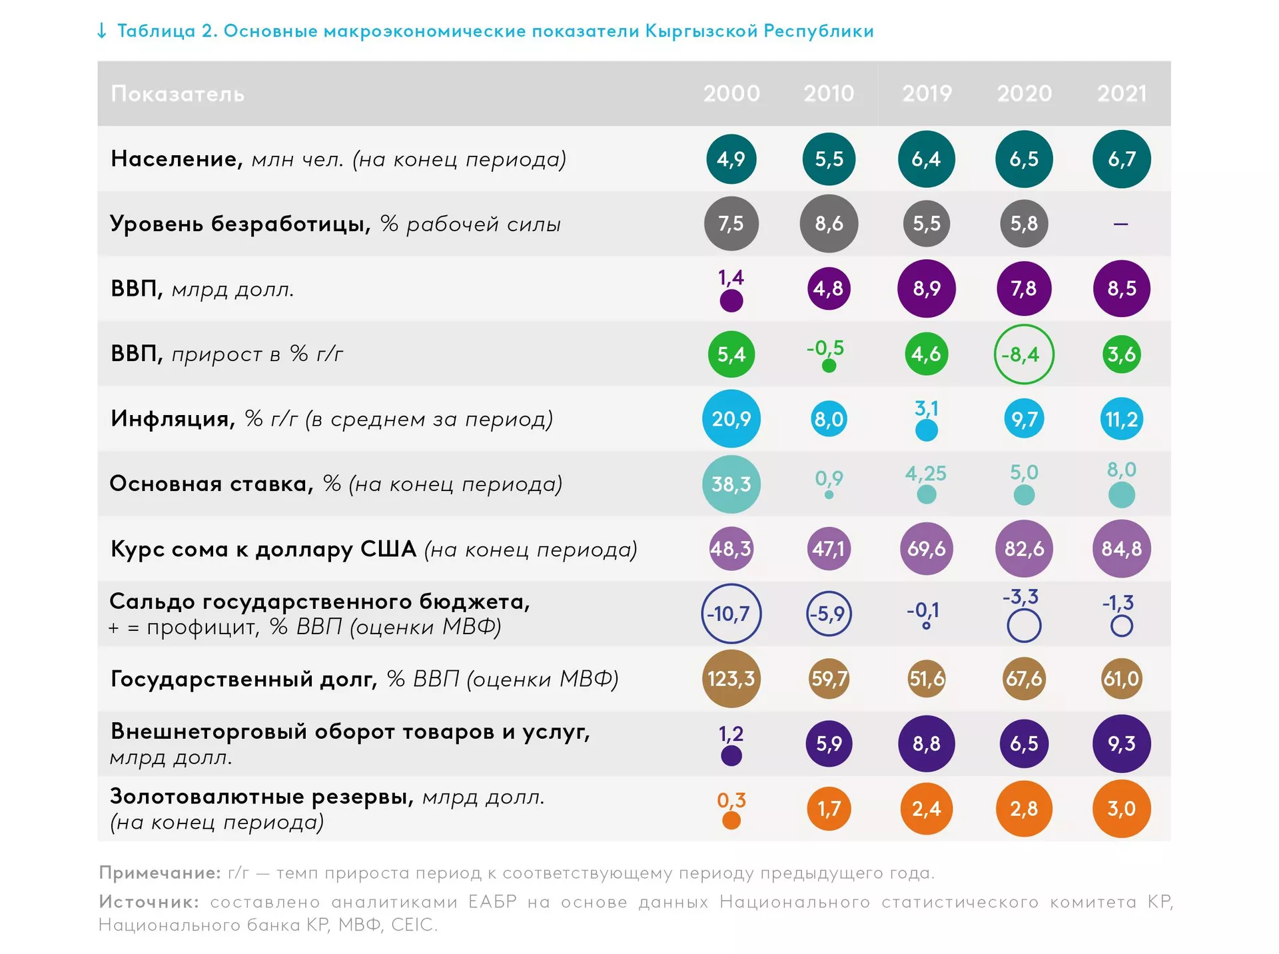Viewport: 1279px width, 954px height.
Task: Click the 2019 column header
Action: pos(927,93)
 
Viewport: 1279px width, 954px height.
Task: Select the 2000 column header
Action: pos(731,93)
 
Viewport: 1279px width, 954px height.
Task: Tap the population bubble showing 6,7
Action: pos(1122,159)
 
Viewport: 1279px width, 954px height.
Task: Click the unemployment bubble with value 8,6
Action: pos(829,224)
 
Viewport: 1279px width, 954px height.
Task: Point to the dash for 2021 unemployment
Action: pos(1121,224)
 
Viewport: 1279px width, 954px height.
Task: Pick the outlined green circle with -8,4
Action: pos(1024,354)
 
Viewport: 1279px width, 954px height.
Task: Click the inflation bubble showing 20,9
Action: pos(731,419)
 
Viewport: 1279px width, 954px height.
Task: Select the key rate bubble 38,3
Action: pos(731,484)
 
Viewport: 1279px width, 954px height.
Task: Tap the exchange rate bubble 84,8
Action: pos(1122,549)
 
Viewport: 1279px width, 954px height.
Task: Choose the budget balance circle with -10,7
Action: pos(731,614)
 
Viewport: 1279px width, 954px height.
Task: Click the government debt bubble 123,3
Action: pos(731,679)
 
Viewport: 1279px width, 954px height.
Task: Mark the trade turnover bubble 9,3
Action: pos(1122,743)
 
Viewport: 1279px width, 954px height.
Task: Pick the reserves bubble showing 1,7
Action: pos(829,809)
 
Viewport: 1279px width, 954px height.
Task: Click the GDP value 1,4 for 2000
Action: pos(731,278)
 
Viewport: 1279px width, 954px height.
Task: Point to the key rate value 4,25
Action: pos(926,474)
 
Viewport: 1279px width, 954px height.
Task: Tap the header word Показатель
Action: pos(178,94)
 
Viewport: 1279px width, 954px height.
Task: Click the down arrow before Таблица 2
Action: pos(102,31)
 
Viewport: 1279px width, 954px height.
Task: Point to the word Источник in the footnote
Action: pos(149,902)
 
